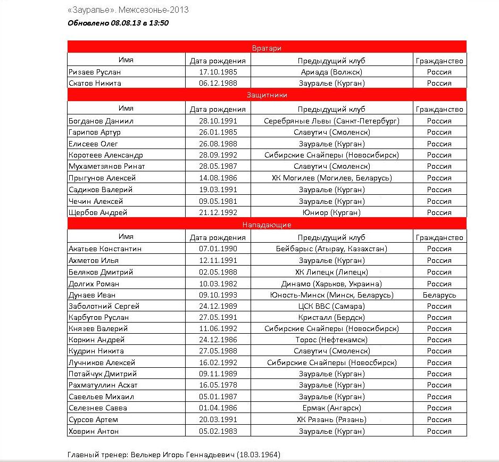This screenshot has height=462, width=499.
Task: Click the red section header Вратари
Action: [x=267, y=48]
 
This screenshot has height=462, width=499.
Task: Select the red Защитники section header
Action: [x=267, y=95]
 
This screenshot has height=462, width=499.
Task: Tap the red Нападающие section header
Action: [x=267, y=225]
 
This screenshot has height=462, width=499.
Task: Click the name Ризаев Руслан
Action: [x=95, y=72]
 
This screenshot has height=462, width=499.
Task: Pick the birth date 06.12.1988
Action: [x=218, y=83]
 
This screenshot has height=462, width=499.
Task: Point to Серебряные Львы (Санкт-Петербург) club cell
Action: [x=331, y=121]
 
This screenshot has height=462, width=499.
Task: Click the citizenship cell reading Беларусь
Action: [x=439, y=295]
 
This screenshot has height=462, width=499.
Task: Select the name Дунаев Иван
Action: [x=92, y=295]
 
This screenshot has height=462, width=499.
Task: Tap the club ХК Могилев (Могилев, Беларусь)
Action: [x=331, y=178]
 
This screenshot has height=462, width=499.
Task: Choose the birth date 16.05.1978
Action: [x=218, y=385]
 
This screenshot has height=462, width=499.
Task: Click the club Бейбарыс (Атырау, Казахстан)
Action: [x=331, y=249]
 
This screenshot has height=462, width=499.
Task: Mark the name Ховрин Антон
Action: [x=94, y=431]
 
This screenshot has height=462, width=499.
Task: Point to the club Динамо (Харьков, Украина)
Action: [x=331, y=284]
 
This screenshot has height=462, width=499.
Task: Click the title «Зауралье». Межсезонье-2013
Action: [x=128, y=10]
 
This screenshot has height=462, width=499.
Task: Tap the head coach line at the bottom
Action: [x=173, y=455]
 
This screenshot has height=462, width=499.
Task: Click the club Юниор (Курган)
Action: [x=331, y=212]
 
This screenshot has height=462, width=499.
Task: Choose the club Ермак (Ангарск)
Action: [x=331, y=408]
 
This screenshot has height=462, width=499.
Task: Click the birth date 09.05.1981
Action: [x=218, y=201]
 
